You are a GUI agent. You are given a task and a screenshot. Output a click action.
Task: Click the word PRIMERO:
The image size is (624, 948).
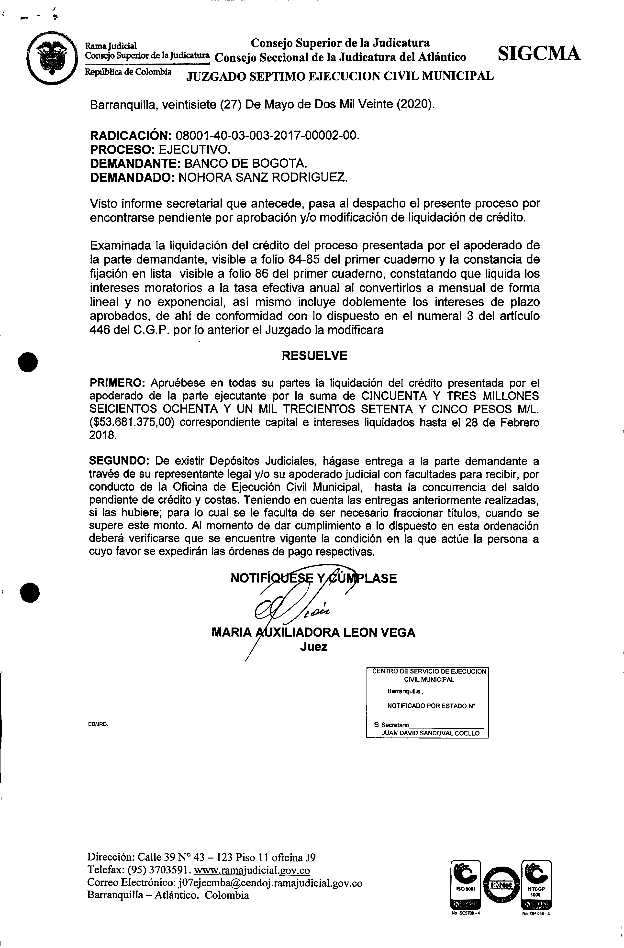[x=118, y=383]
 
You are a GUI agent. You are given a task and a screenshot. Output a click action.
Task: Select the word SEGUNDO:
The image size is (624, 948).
[x=119, y=461]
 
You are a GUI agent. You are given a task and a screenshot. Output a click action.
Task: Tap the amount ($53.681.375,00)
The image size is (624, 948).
[x=132, y=422]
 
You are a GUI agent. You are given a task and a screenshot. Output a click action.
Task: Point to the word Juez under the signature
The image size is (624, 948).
[x=314, y=647]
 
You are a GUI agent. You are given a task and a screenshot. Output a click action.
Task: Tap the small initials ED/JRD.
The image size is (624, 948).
[x=98, y=725]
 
